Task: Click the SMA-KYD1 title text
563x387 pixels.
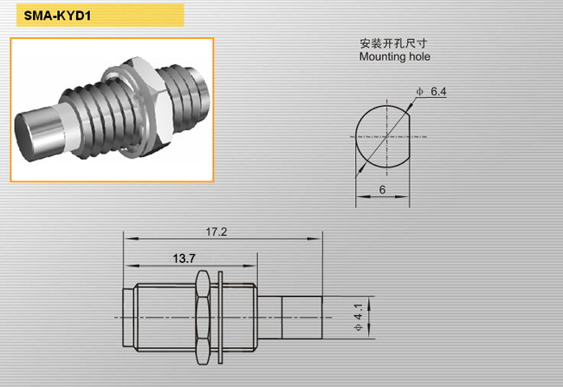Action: [57, 16]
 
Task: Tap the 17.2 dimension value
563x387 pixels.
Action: [217, 232]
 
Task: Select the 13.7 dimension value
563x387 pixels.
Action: [184, 259]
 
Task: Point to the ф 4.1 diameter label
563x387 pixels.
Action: [359, 318]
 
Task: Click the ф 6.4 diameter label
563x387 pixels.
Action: [430, 91]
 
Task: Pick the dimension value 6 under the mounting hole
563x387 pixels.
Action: [382, 189]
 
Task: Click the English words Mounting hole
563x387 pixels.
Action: [395, 56]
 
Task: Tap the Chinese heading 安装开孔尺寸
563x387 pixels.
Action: [393, 43]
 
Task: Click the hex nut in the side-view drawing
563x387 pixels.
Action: [203, 318]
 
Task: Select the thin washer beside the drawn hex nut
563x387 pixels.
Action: [221, 318]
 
